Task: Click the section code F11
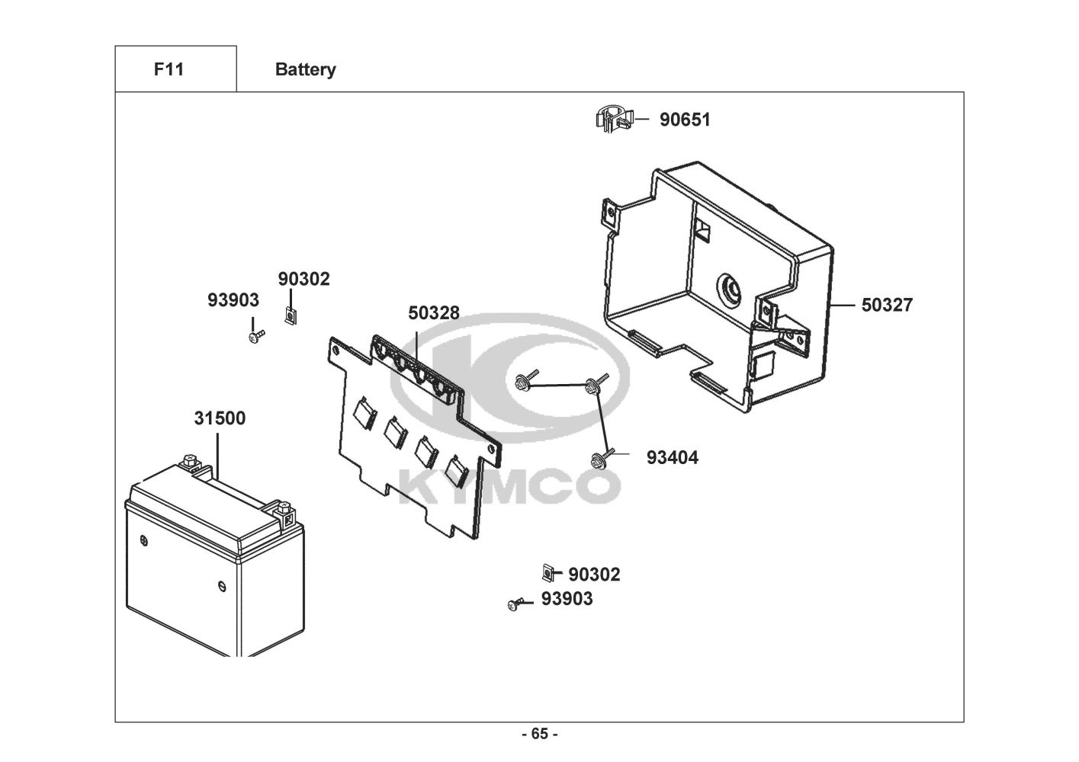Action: [169, 69]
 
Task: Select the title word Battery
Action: [305, 70]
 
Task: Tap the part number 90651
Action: [685, 120]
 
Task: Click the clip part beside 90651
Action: [613, 120]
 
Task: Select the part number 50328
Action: [434, 313]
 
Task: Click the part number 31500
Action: [220, 418]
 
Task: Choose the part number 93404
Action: [672, 458]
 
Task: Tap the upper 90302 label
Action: [304, 280]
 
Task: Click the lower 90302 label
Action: [594, 575]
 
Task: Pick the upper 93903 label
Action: [233, 301]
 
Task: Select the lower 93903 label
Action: [567, 600]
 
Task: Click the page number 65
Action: [539, 735]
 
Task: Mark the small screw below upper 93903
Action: [255, 335]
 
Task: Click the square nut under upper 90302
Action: [290, 315]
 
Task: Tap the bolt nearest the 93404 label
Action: [599, 459]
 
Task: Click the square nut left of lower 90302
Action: [547, 572]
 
